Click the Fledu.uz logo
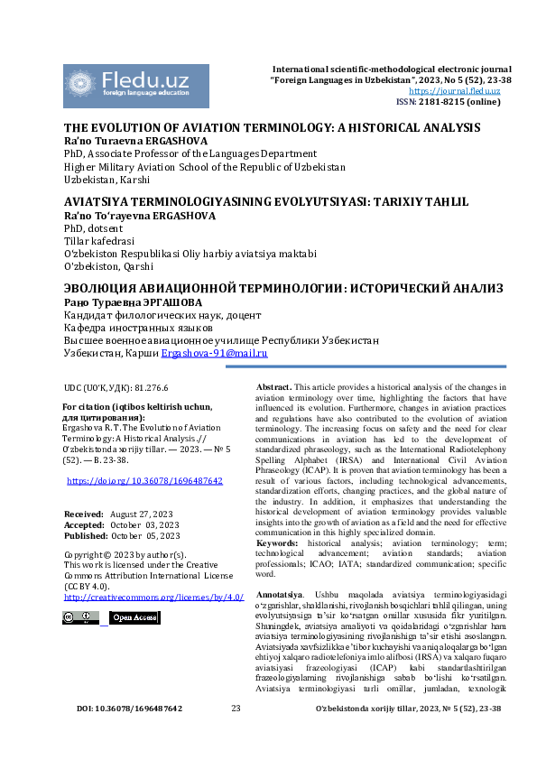click(x=135, y=82)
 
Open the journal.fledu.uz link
click(x=460, y=91)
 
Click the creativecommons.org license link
click(x=153, y=598)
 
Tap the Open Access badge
click(x=134, y=618)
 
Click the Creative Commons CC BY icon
click(x=80, y=618)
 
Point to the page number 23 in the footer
click(x=236, y=734)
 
